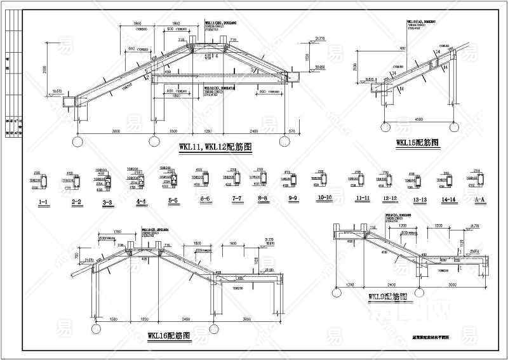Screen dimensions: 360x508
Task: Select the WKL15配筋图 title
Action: [x=417, y=143]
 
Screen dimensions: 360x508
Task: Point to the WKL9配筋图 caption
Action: [x=387, y=297]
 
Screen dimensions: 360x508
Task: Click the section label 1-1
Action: [x=44, y=202]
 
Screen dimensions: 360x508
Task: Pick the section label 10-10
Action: [x=324, y=199]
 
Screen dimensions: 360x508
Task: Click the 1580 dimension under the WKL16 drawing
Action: [x=114, y=319]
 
